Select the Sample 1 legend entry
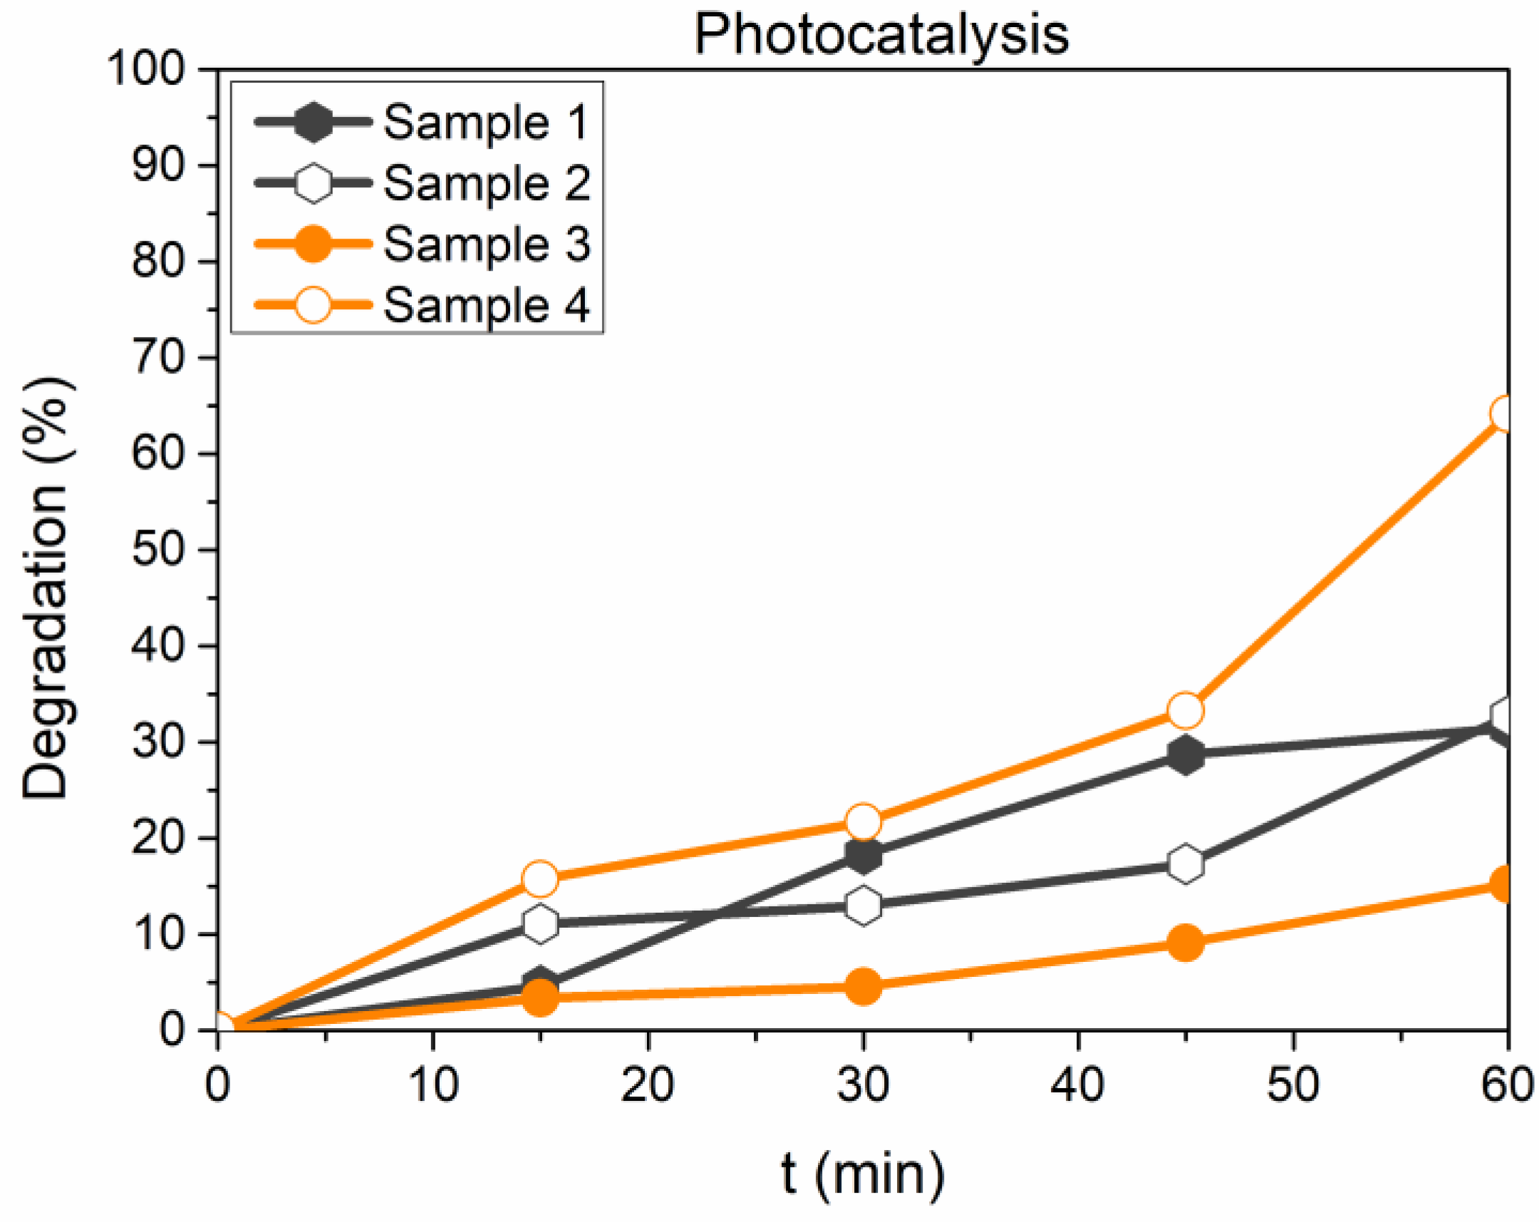pos(485,122)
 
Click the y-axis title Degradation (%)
pos(46,588)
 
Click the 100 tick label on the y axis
pos(145,69)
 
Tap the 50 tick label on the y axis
pos(158,549)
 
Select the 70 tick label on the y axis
pos(158,358)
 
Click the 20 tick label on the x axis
pos(647,1085)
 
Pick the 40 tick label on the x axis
pos(1077,1085)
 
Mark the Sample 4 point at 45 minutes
pos(1185,710)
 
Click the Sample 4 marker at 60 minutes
pos(1505,414)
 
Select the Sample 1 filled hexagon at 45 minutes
pos(1185,755)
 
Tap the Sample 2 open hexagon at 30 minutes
pos(863,906)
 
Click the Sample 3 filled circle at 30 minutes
pos(863,986)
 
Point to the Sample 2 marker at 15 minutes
pos(540,923)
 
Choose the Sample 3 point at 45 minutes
pos(1185,943)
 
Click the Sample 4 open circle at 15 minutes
pos(540,879)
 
